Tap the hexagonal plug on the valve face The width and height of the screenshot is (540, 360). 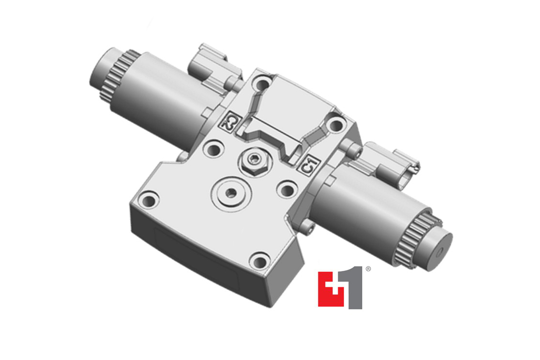point(252,159)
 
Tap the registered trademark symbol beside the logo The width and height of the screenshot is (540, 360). point(368,269)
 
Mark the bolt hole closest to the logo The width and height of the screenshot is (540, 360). point(260,262)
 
